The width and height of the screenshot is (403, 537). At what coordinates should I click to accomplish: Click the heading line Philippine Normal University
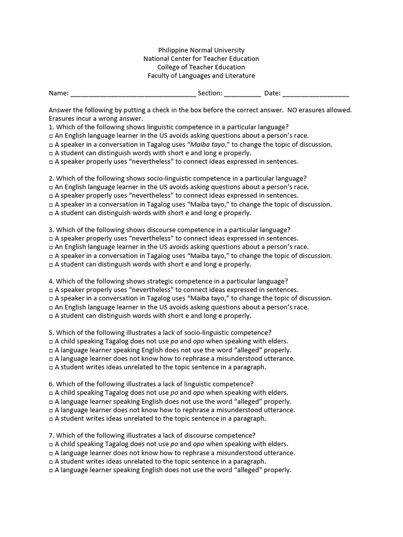[201, 50]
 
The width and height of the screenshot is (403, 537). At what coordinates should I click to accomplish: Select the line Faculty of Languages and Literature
[201, 76]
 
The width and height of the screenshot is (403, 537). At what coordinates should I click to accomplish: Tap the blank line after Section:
[242, 94]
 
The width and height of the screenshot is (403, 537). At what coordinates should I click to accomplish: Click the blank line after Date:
[316, 94]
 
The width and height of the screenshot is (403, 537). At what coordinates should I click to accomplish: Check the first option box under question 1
[51, 136]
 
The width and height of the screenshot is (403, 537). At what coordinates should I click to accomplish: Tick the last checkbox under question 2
[51, 213]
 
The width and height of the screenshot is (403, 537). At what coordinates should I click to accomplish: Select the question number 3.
[51, 230]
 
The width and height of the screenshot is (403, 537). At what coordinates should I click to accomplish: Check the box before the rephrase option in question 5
[51, 359]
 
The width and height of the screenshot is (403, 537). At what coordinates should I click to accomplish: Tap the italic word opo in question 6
[198, 392]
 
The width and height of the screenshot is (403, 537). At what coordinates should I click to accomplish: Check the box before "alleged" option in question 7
[51, 470]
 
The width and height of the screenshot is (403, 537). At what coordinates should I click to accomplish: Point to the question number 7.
[51, 435]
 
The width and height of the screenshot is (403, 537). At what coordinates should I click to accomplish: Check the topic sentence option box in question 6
[51, 419]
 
